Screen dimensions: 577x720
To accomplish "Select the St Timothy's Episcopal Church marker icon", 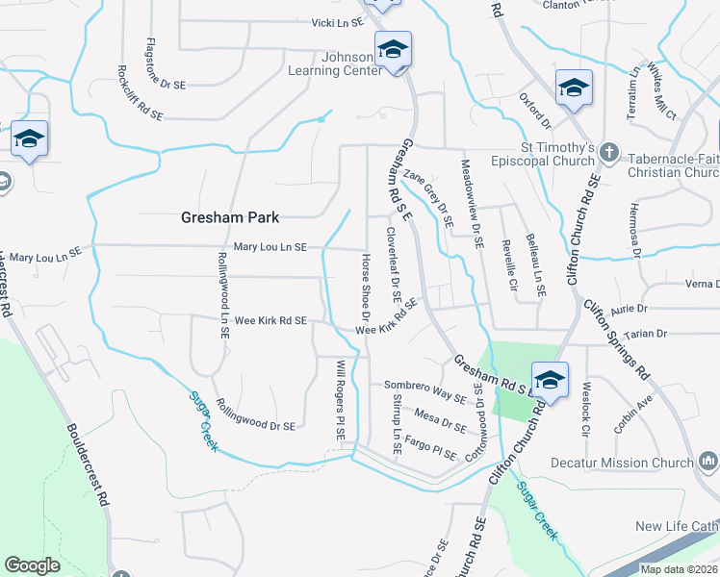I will coord(607,152).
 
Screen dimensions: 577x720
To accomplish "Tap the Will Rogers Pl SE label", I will coord(340,400).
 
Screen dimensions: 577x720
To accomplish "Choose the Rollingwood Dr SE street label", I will coord(255,414).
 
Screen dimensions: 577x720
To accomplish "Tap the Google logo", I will coord(32,565).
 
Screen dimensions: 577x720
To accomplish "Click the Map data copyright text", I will coord(679,569).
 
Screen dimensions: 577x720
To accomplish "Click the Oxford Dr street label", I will coord(534,111).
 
